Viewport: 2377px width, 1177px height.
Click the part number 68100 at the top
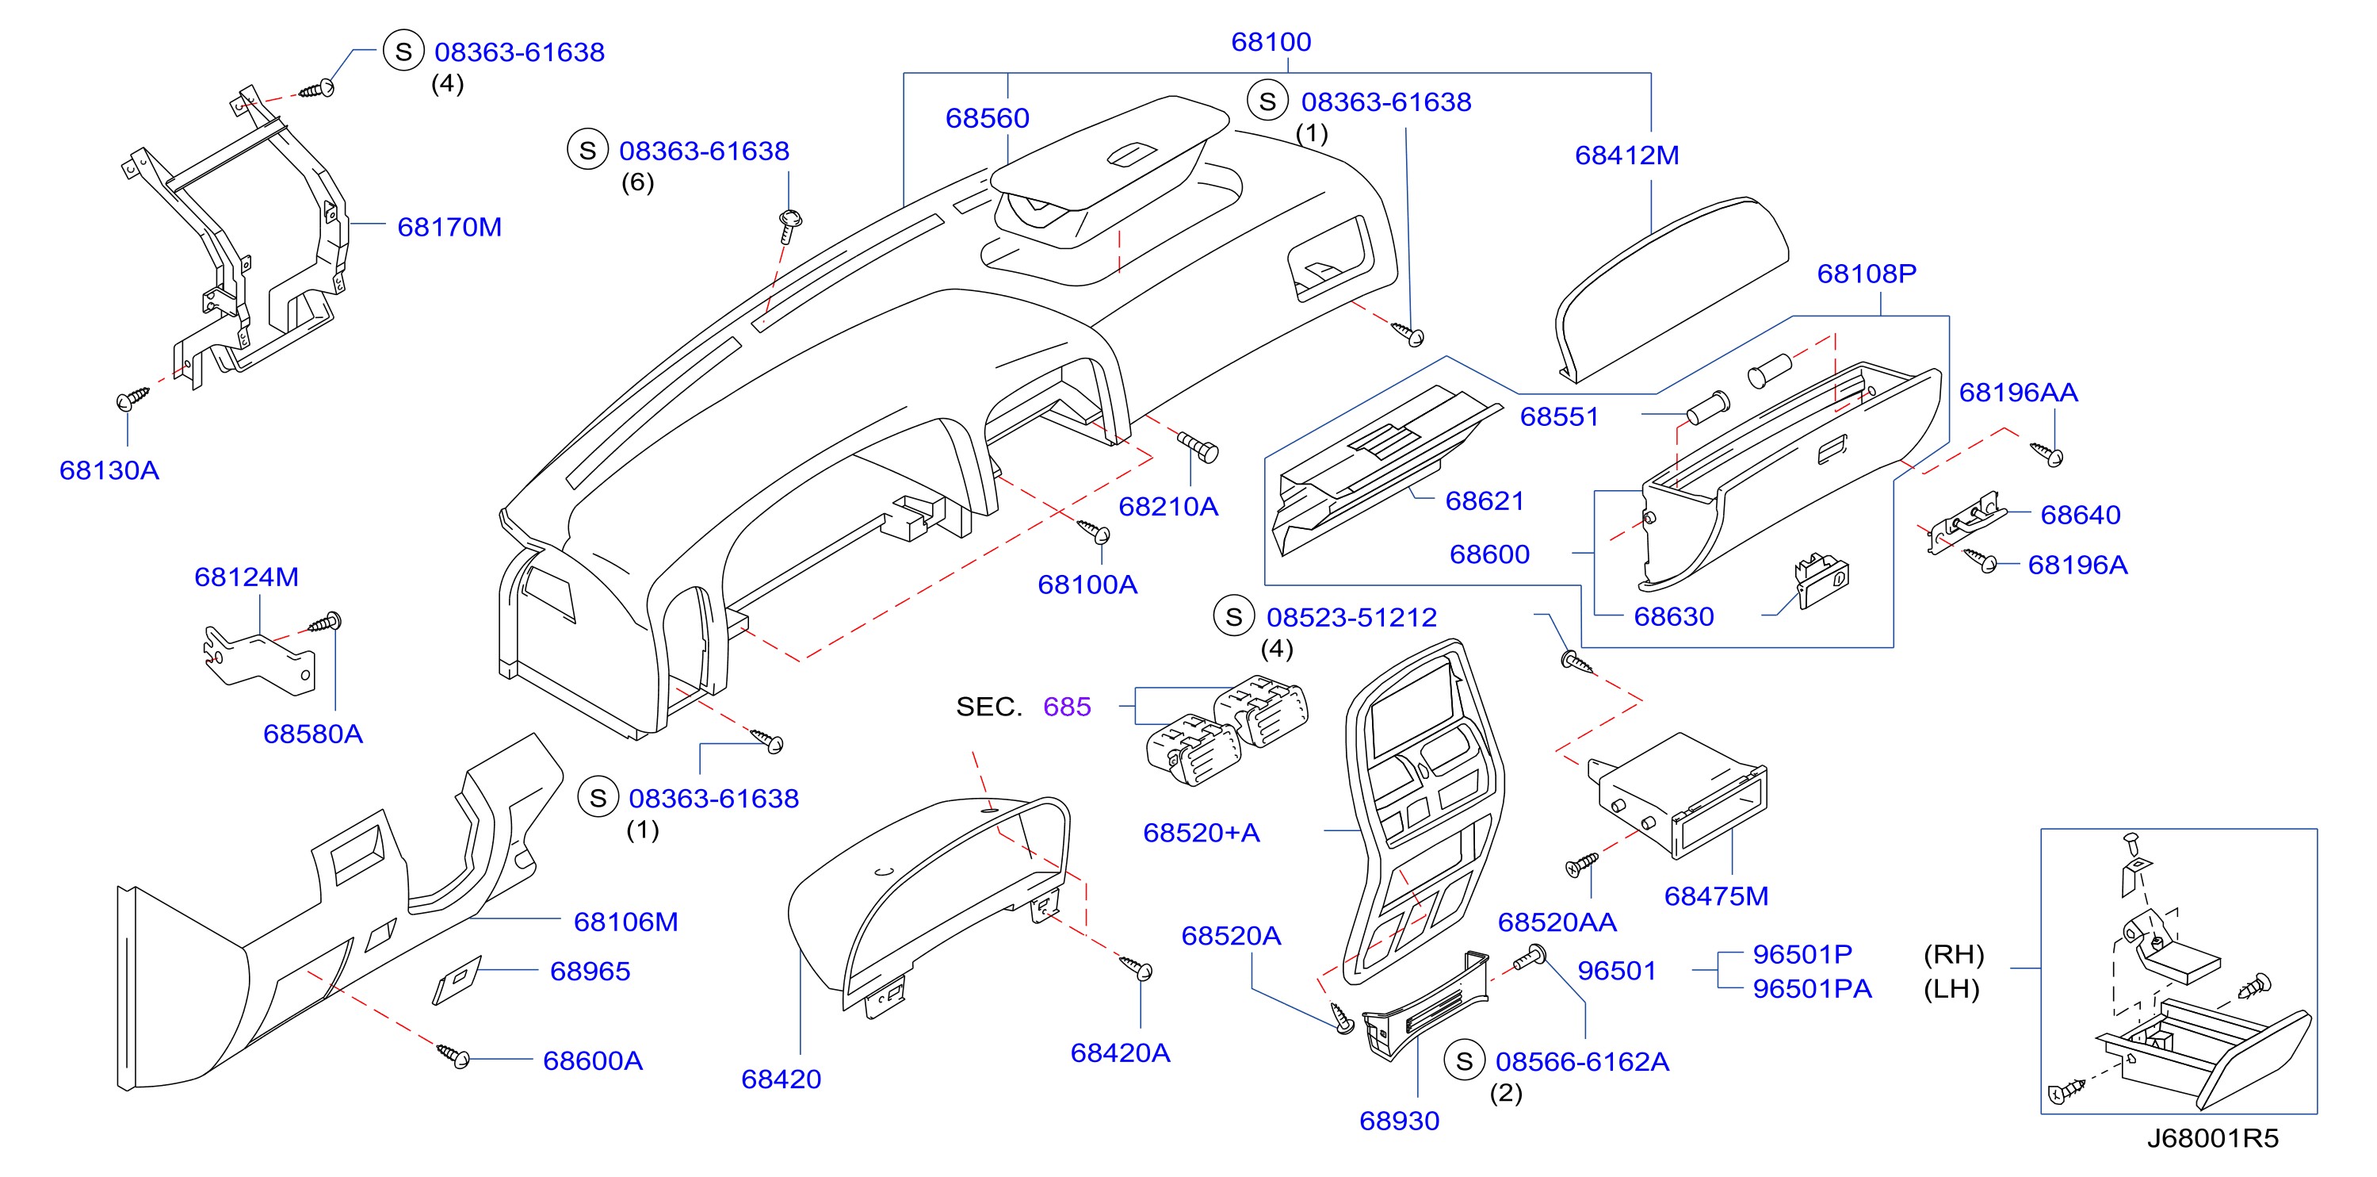(x=1271, y=41)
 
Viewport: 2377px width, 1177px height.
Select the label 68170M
(x=449, y=227)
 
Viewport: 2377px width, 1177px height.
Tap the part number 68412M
(x=1626, y=155)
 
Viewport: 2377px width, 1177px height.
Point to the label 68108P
(x=1867, y=274)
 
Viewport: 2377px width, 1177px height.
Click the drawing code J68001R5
(x=2213, y=1137)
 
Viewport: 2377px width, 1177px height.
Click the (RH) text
(x=1954, y=954)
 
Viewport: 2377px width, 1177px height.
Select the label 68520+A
(x=1202, y=833)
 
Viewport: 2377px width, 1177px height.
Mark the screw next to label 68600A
(x=453, y=1055)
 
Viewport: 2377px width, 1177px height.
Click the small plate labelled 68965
(x=457, y=980)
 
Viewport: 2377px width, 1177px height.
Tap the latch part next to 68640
(x=1966, y=523)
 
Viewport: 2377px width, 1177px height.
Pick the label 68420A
(x=1120, y=1052)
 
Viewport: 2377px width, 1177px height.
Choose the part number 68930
(x=1399, y=1121)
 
